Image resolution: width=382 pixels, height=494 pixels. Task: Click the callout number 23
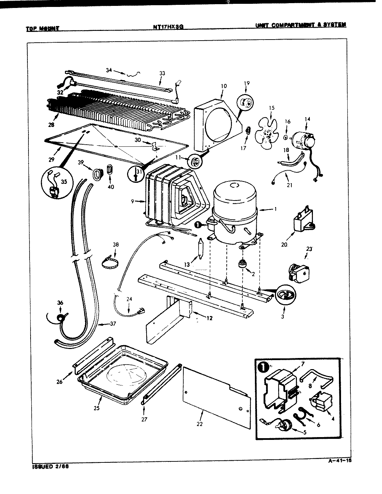point(309,248)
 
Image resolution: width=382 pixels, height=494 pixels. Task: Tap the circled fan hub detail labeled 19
point(246,102)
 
